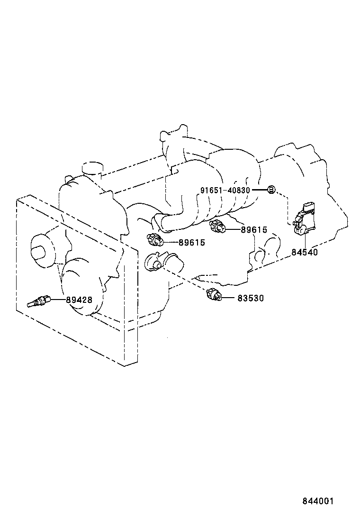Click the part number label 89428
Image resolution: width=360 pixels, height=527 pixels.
tap(79, 300)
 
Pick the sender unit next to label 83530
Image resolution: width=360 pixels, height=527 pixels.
tap(215, 294)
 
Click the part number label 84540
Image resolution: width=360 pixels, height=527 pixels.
tap(304, 252)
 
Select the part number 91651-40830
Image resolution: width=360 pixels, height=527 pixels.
tap(225, 190)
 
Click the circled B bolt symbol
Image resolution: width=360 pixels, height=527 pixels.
tap(271, 190)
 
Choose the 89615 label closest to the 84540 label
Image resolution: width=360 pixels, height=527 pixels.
tap(254, 230)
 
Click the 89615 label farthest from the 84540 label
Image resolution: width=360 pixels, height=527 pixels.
tap(191, 242)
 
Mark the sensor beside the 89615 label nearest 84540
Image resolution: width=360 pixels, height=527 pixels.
tap(217, 227)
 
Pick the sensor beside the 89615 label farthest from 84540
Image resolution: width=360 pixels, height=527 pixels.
tap(156, 240)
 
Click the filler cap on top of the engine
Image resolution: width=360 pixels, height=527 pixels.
tap(92, 169)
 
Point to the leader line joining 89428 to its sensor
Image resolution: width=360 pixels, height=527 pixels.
tap(56, 300)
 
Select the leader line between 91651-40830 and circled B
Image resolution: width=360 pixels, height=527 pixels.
tap(259, 190)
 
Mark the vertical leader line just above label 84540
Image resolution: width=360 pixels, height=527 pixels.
tap(304, 241)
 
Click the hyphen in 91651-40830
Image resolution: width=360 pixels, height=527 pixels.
tap(225, 190)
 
